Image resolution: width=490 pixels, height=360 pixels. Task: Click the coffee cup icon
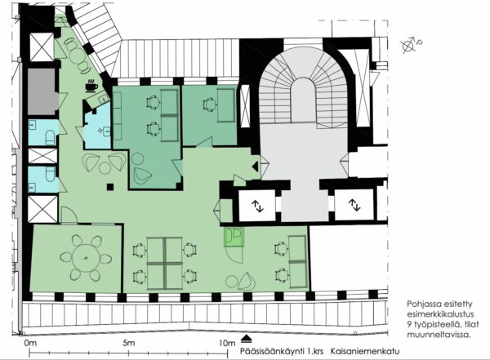(x=91, y=85)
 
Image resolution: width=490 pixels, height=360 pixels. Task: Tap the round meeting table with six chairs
(x=85, y=258)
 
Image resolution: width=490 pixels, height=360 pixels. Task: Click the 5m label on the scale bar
(x=129, y=343)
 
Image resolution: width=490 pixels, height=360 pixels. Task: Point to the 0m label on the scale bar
(x=30, y=343)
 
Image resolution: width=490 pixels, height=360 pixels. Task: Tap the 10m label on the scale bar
(x=227, y=343)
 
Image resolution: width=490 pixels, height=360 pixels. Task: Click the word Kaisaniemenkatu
(x=365, y=351)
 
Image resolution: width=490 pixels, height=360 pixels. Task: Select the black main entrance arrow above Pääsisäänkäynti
(x=247, y=339)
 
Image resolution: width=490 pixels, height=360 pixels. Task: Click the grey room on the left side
(x=42, y=91)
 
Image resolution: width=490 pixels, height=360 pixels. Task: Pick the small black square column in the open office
(x=110, y=187)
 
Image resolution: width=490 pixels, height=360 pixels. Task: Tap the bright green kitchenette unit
(x=234, y=236)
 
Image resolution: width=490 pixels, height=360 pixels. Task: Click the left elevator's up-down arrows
(x=258, y=206)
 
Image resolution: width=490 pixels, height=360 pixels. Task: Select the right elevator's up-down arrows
(x=354, y=205)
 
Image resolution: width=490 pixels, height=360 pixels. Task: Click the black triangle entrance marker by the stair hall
(x=256, y=167)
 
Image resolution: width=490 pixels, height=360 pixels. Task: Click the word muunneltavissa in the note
(x=439, y=335)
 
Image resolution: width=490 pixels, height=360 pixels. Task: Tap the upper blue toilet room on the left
(x=42, y=132)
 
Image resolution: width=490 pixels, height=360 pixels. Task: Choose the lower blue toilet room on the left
(x=42, y=180)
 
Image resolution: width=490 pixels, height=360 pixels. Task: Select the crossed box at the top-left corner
(x=42, y=47)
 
